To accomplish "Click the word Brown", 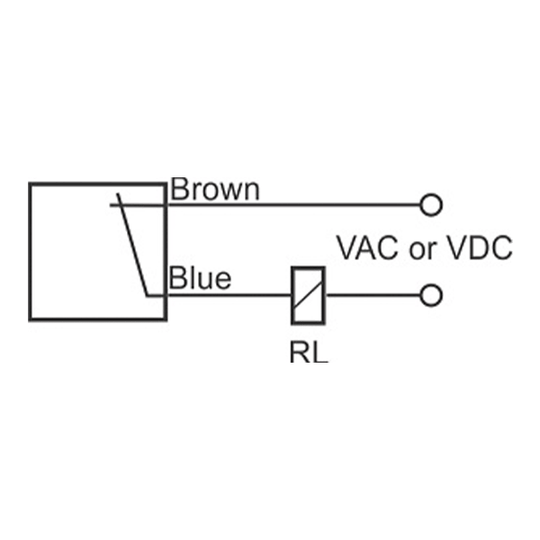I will (215, 190).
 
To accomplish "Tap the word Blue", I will (200, 278).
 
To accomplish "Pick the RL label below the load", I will (309, 351).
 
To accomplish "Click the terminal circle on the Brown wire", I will (432, 205).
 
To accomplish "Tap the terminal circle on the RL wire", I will (432, 294).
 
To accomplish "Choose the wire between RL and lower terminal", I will (373, 294).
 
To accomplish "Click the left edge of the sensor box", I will (31, 251).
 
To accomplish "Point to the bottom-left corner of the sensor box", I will (31, 318).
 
